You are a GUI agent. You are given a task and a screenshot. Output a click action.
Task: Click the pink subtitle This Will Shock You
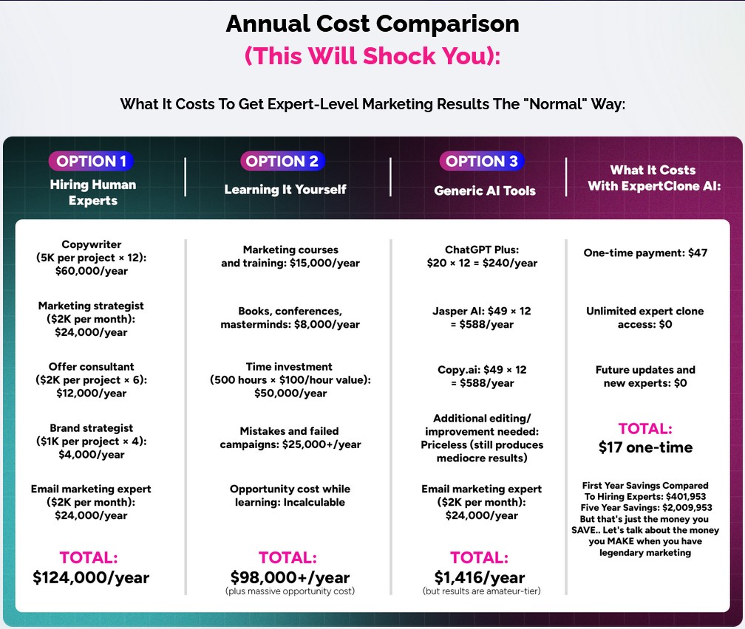point(372,56)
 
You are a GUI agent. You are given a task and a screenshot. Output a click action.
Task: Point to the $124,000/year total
point(91,577)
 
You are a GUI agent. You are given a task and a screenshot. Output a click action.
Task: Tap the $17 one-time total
point(645,447)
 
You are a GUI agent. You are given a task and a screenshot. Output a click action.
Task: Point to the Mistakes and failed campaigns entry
point(290,438)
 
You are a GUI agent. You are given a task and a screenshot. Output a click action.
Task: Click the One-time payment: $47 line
point(645,252)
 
